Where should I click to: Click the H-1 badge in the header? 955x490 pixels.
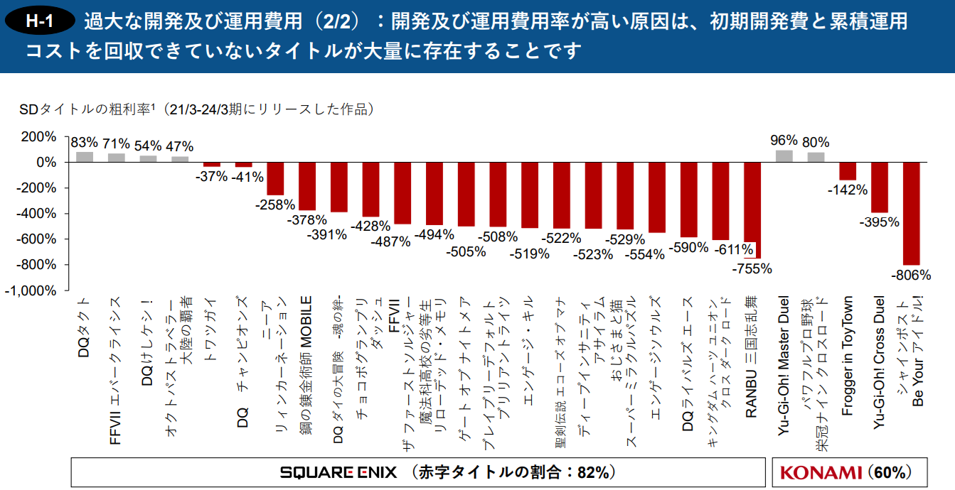pyautogui.click(x=39, y=21)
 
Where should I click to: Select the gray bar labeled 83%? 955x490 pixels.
pyautogui.click(x=85, y=157)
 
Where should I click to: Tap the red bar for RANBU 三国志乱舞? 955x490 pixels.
pyautogui.click(x=752, y=210)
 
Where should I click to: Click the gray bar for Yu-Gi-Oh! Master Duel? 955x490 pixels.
pyautogui.click(x=784, y=156)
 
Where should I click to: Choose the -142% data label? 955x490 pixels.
pyautogui.click(x=848, y=190)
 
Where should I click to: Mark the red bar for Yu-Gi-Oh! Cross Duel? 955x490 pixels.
pyautogui.click(x=879, y=187)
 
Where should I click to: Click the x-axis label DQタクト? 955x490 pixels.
pyautogui.click(x=84, y=327)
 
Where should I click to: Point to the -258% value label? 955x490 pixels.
pyautogui.click(x=275, y=205)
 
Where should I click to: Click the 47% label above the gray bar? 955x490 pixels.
pyautogui.click(x=180, y=146)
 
